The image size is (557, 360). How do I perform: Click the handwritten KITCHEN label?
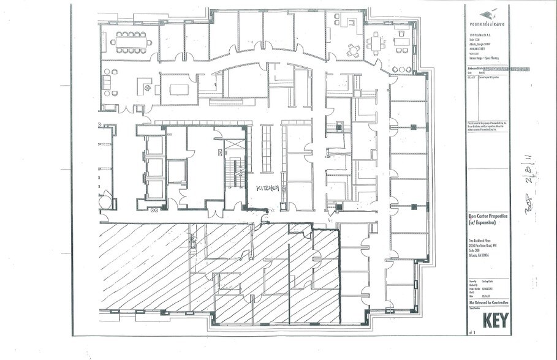[267, 188]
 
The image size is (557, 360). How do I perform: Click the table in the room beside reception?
[178, 89]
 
